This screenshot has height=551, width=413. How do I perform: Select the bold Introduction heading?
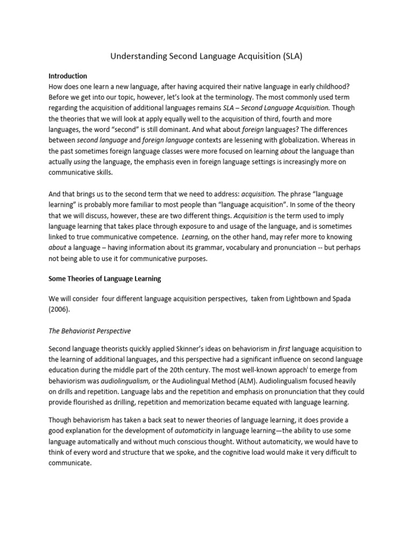coord(68,76)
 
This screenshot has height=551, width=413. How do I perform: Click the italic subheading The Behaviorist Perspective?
coord(90,330)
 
